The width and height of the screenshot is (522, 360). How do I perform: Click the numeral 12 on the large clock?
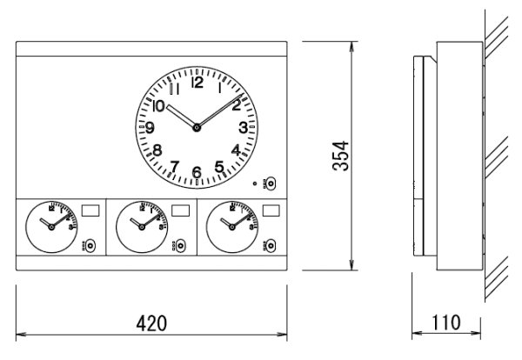tap(196, 83)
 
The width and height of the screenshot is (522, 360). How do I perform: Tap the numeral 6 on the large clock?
tap(197, 172)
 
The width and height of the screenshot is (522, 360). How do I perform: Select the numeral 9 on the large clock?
tap(151, 128)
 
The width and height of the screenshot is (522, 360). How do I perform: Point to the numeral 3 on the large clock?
tap(243, 128)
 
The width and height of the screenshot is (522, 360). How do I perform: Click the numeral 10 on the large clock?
tap(157, 106)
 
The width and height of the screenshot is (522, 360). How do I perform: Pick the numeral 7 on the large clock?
tap(174, 166)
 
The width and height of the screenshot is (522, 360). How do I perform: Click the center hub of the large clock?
tap(197, 128)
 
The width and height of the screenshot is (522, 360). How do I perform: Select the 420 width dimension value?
tap(151, 323)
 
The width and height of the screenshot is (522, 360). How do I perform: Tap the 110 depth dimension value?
tap(447, 323)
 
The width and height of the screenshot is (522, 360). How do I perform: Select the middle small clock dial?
tap(139, 226)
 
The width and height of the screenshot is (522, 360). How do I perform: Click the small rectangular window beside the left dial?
tap(90, 210)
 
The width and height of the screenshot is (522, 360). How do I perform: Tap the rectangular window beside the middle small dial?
tap(181, 210)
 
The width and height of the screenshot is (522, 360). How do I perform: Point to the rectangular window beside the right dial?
tap(271, 210)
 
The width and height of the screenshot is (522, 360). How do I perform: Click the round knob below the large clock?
tap(270, 183)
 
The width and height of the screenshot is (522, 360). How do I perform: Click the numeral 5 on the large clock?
tap(220, 166)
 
